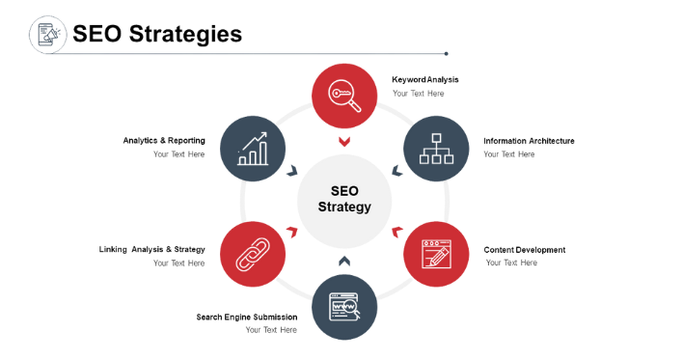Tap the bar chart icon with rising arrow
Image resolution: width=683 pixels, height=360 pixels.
click(x=254, y=148)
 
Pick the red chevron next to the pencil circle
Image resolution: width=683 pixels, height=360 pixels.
click(x=396, y=230)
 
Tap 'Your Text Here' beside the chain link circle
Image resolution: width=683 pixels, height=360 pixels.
click(x=180, y=263)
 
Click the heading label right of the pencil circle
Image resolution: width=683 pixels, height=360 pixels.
click(x=524, y=249)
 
